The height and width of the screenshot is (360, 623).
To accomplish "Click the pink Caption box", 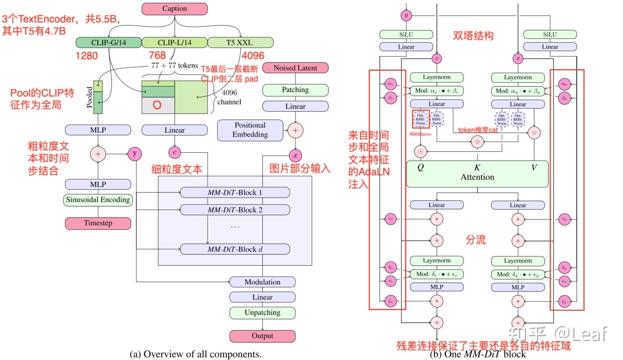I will [174, 9].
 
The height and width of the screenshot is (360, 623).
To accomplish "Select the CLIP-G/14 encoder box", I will [109, 42].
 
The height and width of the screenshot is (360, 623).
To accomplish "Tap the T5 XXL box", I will [240, 42].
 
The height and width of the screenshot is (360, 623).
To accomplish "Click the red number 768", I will [157, 55].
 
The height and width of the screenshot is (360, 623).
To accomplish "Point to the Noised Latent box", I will [295, 68].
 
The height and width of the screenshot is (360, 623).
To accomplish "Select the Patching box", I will [295, 90].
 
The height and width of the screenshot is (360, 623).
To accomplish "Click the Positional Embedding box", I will [250, 130].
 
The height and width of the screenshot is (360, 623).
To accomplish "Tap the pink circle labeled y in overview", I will [135, 154].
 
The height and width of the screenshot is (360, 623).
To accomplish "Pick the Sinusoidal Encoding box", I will [98, 200].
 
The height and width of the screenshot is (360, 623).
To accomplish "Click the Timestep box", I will [98, 223].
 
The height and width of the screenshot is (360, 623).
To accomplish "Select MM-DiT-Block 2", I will [235, 210].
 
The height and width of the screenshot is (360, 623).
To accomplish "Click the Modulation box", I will [262, 282].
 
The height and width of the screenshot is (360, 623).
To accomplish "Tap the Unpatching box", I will [262, 313].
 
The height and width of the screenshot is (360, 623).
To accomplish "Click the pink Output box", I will [262, 336].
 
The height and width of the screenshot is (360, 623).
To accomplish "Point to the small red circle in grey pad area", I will [157, 105].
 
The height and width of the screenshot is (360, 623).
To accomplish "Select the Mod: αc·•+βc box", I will [437, 91].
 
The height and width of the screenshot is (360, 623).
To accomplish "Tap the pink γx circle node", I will [564, 219].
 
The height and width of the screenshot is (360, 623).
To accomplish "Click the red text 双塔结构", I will [473, 36].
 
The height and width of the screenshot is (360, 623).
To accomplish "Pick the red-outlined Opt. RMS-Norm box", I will [420, 119].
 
